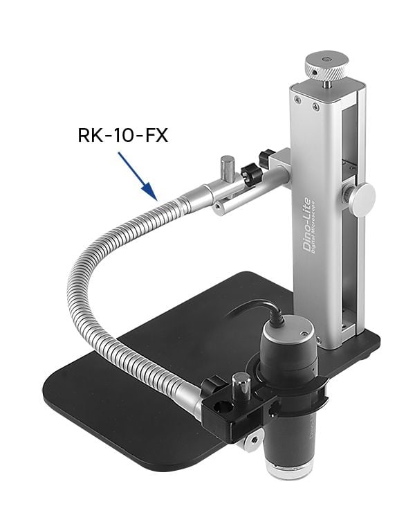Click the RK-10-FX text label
[x=122, y=134]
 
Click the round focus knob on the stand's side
[x=361, y=198]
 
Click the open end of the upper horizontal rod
[x=218, y=206]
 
